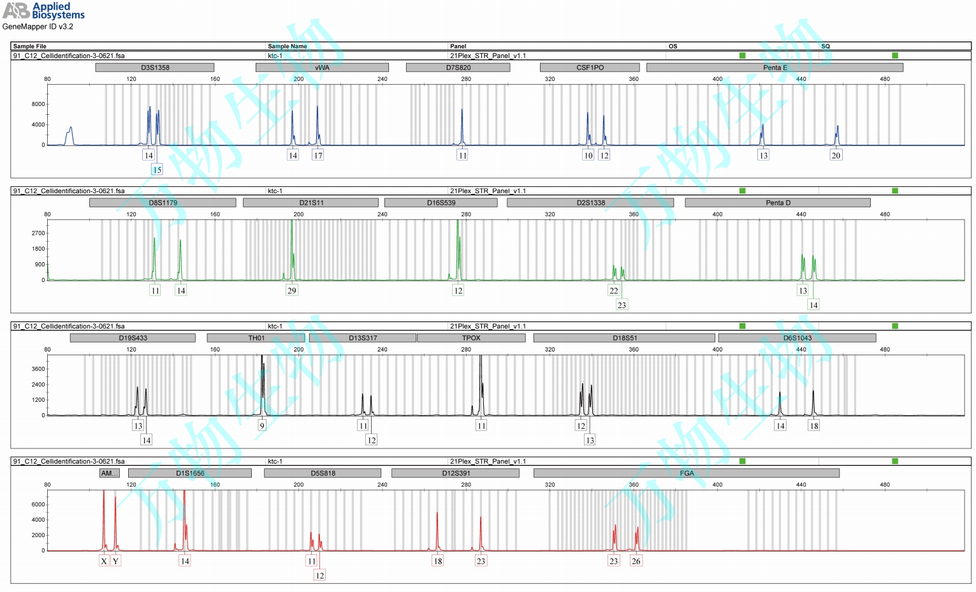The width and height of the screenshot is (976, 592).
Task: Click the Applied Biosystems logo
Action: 43,10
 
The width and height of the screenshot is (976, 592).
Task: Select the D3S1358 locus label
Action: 155,68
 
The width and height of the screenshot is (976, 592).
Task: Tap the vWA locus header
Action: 322,68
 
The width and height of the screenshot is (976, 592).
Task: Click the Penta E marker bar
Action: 775,68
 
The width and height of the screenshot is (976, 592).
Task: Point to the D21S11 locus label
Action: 311,203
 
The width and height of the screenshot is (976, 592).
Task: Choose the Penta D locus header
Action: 778,203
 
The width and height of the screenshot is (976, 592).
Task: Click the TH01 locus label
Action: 256,338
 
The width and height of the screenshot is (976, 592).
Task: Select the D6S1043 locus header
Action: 797,338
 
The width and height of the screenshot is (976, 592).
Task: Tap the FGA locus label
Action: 687,473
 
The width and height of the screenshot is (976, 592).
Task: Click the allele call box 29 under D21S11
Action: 292,290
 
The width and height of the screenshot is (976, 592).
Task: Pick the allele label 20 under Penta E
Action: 836,155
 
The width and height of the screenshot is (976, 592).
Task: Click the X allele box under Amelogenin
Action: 104,561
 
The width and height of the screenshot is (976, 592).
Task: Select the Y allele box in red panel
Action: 115,561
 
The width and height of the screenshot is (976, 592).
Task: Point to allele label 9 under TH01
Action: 261,426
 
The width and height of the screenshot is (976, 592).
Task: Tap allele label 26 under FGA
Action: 636,561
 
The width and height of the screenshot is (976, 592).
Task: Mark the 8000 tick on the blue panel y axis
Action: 38,104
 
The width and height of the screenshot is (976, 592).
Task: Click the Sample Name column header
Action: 288,46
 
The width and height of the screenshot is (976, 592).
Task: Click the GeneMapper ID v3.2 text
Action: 38,27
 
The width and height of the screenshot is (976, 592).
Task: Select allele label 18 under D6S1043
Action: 813,426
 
